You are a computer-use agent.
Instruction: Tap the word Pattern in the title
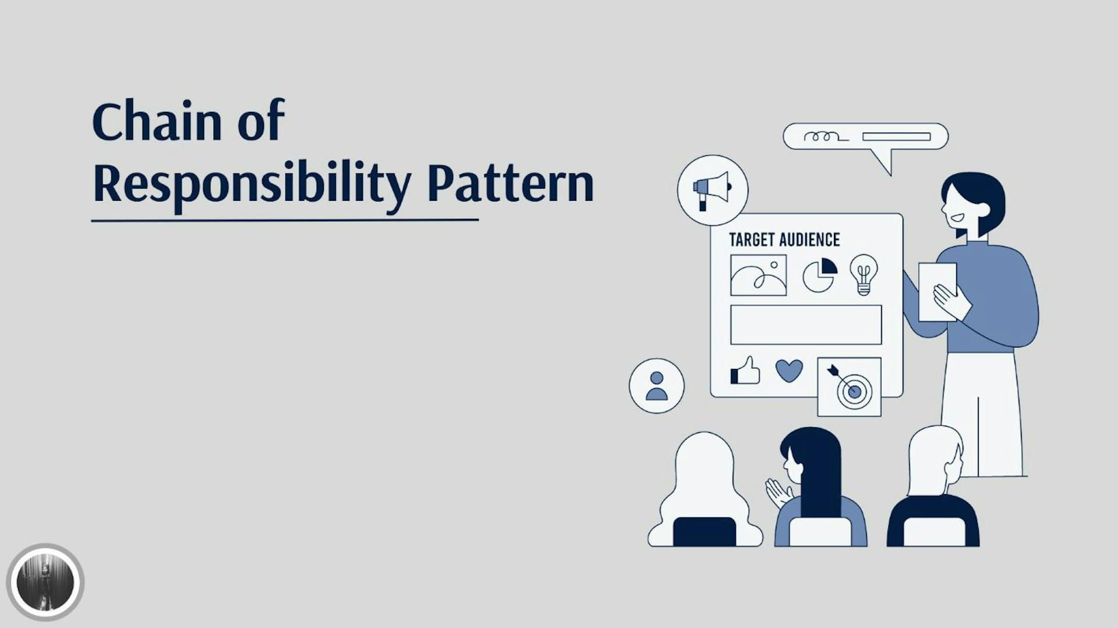[510, 183]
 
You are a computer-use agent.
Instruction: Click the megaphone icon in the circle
[712, 190]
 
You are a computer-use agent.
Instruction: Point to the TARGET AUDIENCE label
[784, 240]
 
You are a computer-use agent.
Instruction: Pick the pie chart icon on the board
[820, 275]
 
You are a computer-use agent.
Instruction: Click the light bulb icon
[864, 274]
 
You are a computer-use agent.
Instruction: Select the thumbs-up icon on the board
[745, 371]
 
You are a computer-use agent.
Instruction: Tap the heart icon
[789, 370]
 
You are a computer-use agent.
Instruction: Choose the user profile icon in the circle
[657, 386]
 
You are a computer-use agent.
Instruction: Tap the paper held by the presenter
[936, 291]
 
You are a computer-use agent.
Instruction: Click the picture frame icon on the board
[758, 275]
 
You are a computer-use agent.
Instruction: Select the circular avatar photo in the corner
[45, 583]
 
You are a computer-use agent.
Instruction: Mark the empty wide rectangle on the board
[806, 325]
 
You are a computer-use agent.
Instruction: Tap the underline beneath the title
[285, 221]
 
